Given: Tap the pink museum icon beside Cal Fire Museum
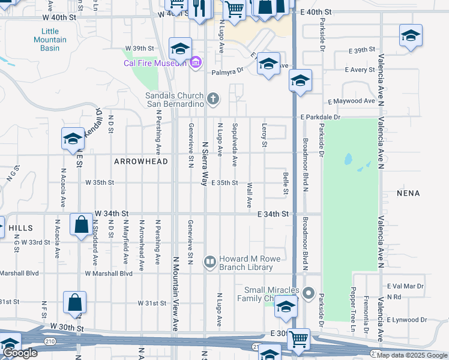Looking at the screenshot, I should click(x=194, y=62).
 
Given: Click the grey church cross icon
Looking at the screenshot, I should click(x=212, y=98).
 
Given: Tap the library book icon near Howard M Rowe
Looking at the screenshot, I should click(x=210, y=260).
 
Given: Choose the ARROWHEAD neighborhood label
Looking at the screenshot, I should click(x=140, y=161).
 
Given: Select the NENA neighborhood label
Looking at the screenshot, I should click(x=408, y=193).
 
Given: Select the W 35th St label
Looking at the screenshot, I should click(x=100, y=182).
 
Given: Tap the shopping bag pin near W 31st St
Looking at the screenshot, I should click(x=75, y=304).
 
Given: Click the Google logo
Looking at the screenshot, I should click(x=20, y=353).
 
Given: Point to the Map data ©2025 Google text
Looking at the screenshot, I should click(x=412, y=355).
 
